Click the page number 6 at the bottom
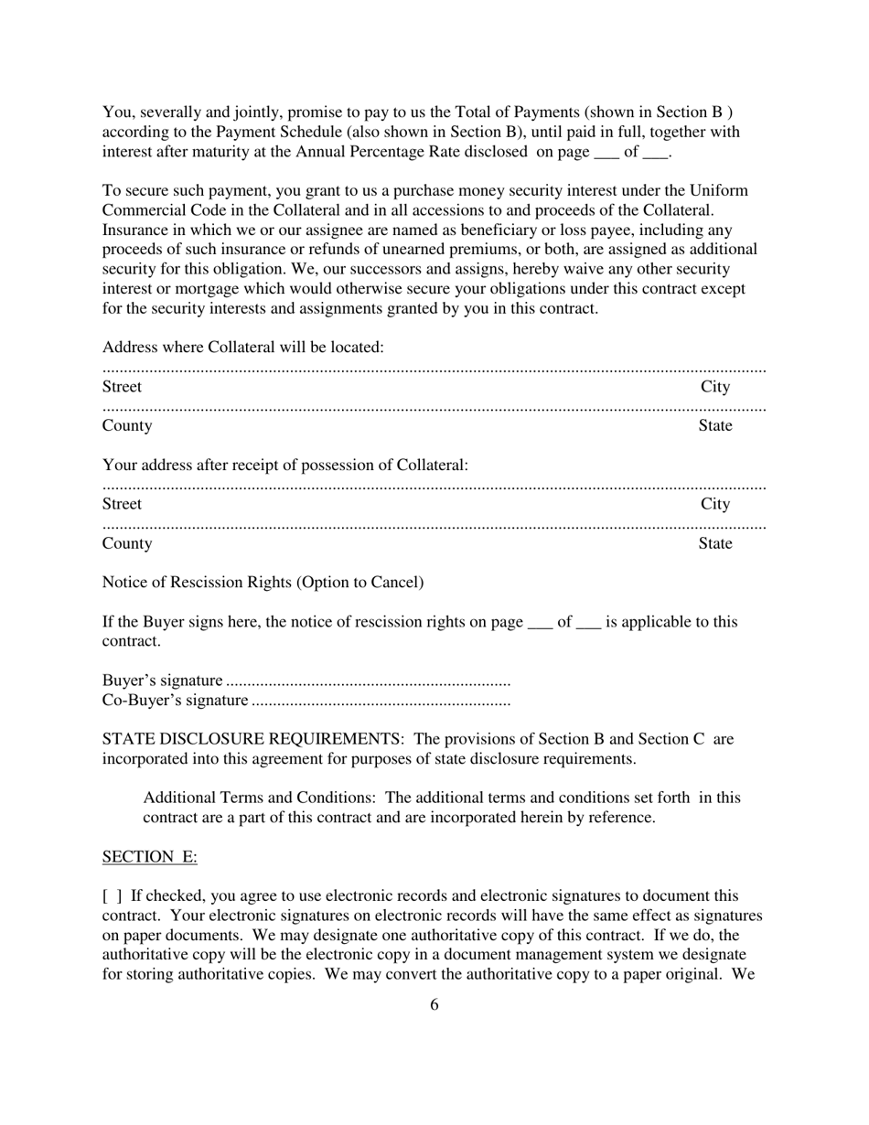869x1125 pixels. (x=434, y=1004)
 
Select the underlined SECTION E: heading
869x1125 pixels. (x=149, y=856)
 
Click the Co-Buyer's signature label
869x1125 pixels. (x=175, y=701)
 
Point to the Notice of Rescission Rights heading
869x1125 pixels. (x=263, y=583)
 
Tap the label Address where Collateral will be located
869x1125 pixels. (x=242, y=348)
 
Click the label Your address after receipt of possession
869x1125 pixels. (x=284, y=465)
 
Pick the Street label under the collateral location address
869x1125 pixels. (x=122, y=387)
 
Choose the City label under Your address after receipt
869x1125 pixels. (x=715, y=504)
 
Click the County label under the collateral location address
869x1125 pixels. (x=127, y=425)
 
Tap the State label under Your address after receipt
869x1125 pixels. (x=715, y=543)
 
